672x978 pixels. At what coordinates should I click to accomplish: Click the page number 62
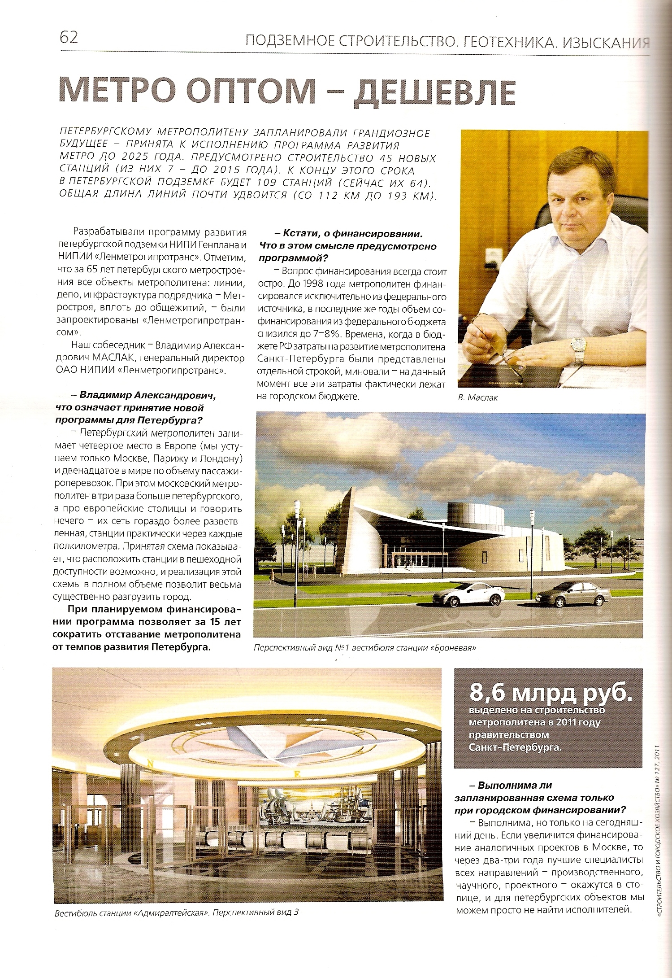tap(69, 37)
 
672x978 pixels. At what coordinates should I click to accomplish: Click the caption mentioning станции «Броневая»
tap(364, 648)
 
